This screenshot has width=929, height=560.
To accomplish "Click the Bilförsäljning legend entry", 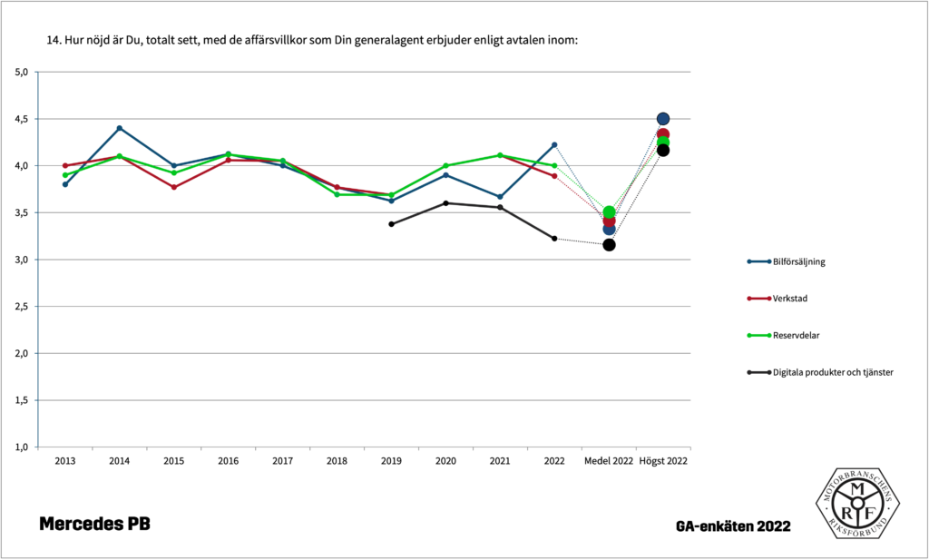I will [x=797, y=261].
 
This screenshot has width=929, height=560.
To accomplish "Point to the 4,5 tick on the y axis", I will [x=22, y=119].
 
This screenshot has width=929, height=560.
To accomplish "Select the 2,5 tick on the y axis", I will [x=22, y=307].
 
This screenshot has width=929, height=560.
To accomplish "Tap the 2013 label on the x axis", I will [x=65, y=461].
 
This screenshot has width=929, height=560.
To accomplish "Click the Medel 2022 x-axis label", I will [x=609, y=461].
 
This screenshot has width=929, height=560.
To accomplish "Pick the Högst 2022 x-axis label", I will [x=663, y=461].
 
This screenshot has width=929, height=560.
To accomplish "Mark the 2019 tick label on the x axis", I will [x=391, y=461].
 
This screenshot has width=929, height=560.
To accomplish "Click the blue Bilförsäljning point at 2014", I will [x=120, y=128].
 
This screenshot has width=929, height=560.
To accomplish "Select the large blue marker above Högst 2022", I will [x=663, y=119].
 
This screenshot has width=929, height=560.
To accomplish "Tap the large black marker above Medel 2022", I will [x=609, y=245].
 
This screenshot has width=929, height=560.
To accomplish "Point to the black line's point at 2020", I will [x=445, y=203].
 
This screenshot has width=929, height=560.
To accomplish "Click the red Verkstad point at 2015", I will [x=174, y=187].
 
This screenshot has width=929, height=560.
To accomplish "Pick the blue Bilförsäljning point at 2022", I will [x=554, y=144].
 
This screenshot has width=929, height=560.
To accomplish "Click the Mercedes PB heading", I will [x=94, y=524].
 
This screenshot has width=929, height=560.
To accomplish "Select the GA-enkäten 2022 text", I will [x=733, y=526].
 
